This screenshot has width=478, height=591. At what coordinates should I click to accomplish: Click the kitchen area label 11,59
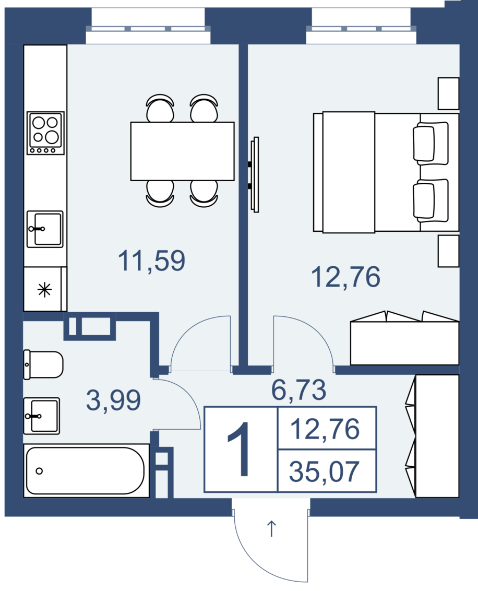[151, 261]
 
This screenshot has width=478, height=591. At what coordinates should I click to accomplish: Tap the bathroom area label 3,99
[113, 400]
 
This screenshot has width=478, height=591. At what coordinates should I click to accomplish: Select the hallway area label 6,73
[298, 390]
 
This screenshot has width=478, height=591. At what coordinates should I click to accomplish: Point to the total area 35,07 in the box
[324, 471]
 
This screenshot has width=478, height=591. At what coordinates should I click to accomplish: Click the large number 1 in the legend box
[240, 450]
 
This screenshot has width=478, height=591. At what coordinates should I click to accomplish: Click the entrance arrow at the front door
[271, 528]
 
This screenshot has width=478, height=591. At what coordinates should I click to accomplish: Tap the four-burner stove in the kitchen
[45, 133]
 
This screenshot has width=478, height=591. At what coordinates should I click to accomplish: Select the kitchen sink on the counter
[45, 229]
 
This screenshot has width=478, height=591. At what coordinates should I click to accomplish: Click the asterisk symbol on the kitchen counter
[44, 290]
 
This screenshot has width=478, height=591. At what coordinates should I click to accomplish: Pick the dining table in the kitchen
[182, 151]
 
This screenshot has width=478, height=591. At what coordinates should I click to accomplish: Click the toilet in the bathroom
[43, 364]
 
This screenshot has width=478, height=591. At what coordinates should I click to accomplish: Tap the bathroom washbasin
[41, 416]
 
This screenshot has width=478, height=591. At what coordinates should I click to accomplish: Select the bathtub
[86, 471]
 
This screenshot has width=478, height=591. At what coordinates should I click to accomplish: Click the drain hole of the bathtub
[39, 471]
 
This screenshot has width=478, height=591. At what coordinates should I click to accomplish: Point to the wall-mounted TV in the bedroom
[255, 174]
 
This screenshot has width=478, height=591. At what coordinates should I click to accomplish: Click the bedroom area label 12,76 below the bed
[345, 277]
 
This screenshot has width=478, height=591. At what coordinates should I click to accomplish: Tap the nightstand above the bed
[448, 93]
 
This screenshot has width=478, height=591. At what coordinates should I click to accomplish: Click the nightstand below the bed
[448, 251]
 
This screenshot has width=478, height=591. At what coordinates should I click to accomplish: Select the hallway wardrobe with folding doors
[433, 436]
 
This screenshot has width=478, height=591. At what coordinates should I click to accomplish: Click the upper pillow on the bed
[431, 143]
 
